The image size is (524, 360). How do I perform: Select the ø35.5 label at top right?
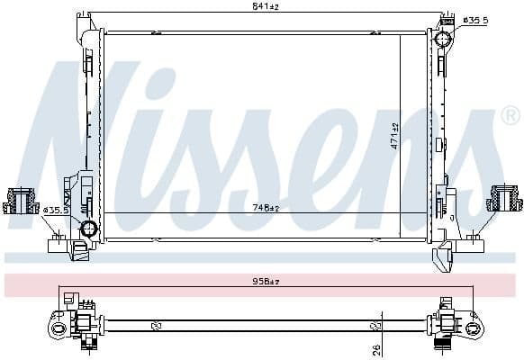(475, 19)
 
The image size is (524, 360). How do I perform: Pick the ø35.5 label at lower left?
(55, 211)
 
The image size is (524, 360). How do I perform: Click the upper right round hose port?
(442, 39)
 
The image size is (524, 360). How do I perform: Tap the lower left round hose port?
(88, 229)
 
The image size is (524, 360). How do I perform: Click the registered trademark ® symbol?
(509, 116)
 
